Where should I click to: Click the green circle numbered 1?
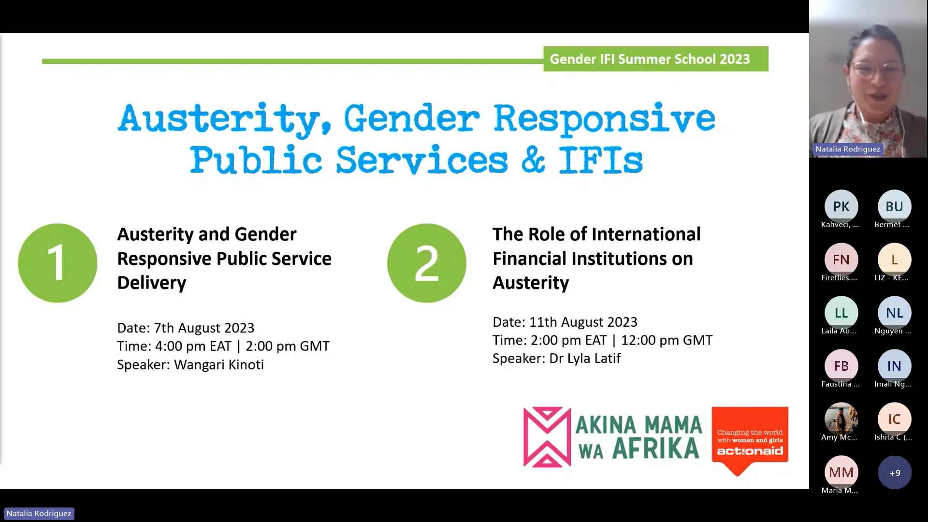pos(58,263)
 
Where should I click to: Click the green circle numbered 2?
pos(426,263)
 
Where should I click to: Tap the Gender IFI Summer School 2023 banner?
pos(655,59)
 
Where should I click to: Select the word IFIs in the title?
pos(601,160)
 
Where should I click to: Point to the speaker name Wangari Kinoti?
pos(219,364)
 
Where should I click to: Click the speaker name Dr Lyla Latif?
pos(585,358)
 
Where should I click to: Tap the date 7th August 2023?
pos(204,328)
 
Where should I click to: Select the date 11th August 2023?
pos(583,322)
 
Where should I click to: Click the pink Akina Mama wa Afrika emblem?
pos(547,437)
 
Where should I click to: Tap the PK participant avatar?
pos(841,206)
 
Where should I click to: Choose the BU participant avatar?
pos(894,206)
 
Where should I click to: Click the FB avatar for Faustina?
pos(841,366)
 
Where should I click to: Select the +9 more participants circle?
pos(895,473)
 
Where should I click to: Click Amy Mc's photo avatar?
pos(841,418)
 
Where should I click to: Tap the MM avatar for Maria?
pos(841,472)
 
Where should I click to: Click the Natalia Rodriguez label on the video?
pos(848,149)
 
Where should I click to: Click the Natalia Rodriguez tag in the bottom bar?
pos(39,513)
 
